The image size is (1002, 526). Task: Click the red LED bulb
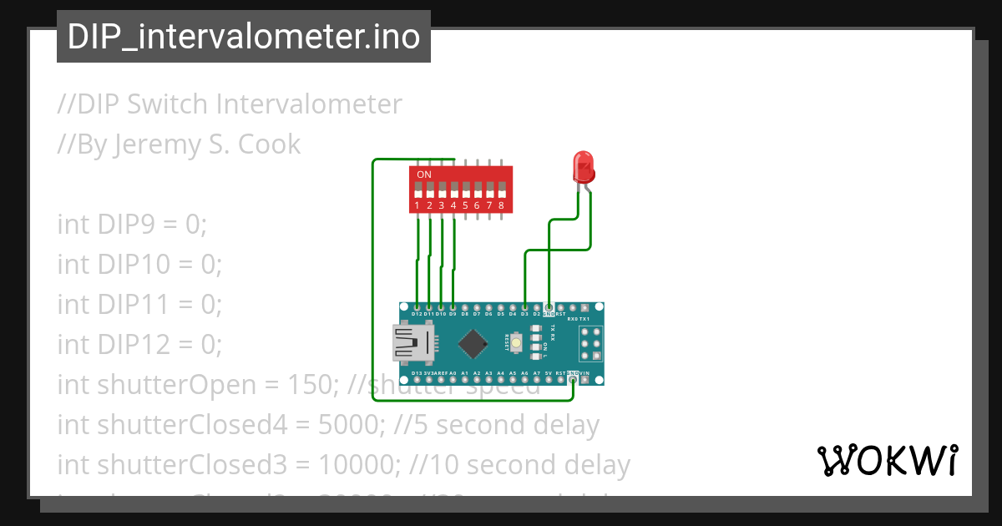(x=583, y=167)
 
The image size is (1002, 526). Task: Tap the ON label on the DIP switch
(x=424, y=174)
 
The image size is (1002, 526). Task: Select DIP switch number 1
(x=417, y=194)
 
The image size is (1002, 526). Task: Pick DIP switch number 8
(x=501, y=194)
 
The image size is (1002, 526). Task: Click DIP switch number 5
(x=465, y=194)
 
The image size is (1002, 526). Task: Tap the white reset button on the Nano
(x=517, y=343)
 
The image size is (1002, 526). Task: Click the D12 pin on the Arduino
(x=417, y=307)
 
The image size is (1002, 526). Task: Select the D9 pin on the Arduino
(x=453, y=307)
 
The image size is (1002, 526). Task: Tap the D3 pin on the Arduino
(x=524, y=307)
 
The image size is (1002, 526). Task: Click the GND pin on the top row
(x=549, y=307)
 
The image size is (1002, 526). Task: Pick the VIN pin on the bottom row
(x=584, y=380)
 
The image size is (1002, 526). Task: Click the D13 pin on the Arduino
(x=417, y=380)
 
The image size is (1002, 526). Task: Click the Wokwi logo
(x=887, y=460)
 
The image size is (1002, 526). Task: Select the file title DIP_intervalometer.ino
(x=244, y=38)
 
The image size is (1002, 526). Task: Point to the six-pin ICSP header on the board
(x=590, y=343)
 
